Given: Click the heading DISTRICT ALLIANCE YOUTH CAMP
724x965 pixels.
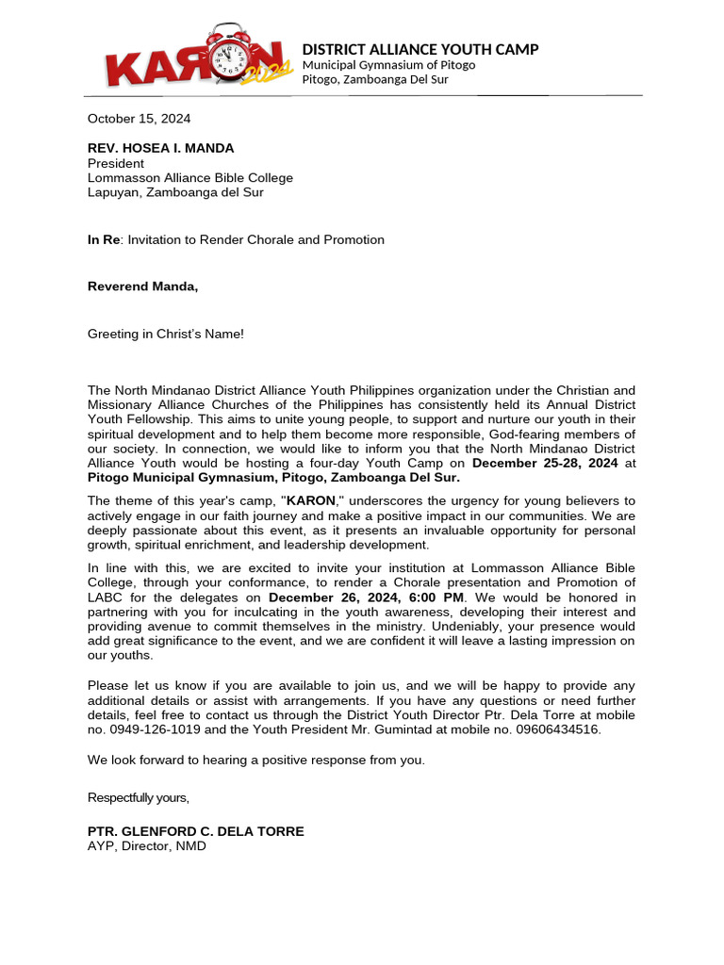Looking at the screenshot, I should coord(420,49).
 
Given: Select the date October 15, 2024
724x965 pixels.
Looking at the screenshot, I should coord(139,119).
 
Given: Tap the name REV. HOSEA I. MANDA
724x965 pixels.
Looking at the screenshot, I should coord(160,148).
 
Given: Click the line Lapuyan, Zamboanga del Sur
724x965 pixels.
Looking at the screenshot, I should coord(175,192).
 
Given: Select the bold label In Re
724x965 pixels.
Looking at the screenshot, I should coord(104,239).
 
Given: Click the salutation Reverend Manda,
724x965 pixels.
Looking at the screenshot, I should coord(143,286).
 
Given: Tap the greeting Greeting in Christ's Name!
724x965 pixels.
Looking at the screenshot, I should coord(166,334).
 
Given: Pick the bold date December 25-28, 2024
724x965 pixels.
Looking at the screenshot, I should coord(545,463).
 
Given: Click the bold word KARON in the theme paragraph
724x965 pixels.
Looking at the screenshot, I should coord(311,499).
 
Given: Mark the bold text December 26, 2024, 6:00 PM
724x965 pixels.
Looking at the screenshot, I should coord(367,597).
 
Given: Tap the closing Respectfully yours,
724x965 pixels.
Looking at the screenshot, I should coord(139,797).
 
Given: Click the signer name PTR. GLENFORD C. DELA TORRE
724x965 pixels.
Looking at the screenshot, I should coord(196,831).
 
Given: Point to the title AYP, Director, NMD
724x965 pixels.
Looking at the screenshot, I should coord(146,846).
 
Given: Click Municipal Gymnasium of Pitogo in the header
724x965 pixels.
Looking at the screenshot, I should coord(388,65).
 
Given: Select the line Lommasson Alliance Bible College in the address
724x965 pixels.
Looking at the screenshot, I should coord(190,177).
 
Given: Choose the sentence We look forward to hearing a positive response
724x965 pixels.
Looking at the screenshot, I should coord(256,760).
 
